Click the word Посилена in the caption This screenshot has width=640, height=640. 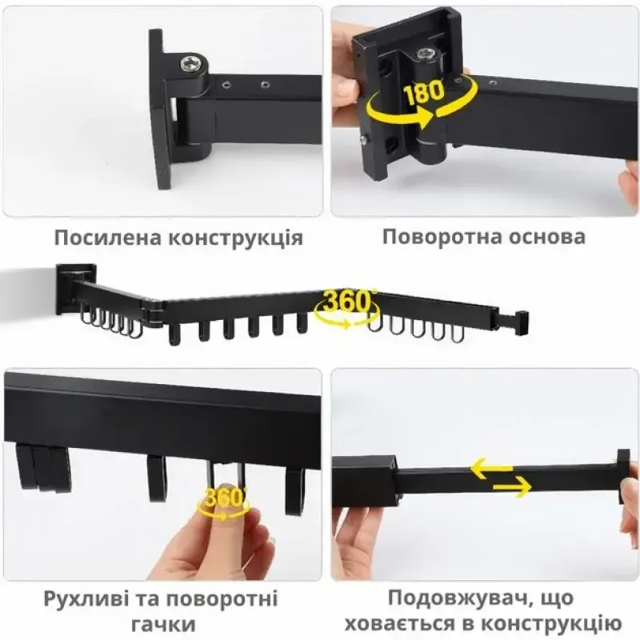coord(108,238)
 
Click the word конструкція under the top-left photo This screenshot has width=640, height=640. coord(236,238)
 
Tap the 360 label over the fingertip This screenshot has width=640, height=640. coord(222,498)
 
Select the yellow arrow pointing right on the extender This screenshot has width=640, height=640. coord(512,487)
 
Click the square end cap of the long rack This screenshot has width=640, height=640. coord(522,322)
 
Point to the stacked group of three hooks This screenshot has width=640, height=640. coord(43,466)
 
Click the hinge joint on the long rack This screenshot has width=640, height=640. coord(154,311)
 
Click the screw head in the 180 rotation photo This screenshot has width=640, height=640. coord(426,54)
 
